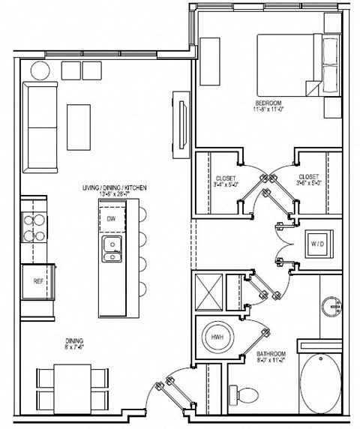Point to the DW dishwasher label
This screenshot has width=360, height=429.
pyautogui.click(x=110, y=219)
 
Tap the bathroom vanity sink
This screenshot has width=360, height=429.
pyautogui.click(x=331, y=307)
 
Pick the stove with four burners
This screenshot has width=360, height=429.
pyautogui.click(x=34, y=227)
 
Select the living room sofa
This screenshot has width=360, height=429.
pyautogui.click(x=39, y=126)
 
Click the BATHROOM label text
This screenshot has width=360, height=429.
pyautogui.click(x=271, y=352)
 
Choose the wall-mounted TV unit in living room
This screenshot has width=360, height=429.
pyautogui.click(x=180, y=124)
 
